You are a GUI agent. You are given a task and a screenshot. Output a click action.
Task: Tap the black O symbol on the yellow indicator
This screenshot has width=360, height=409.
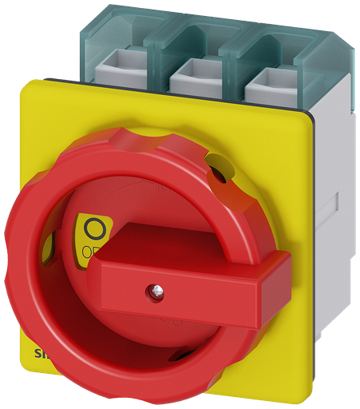(x=94, y=230)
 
